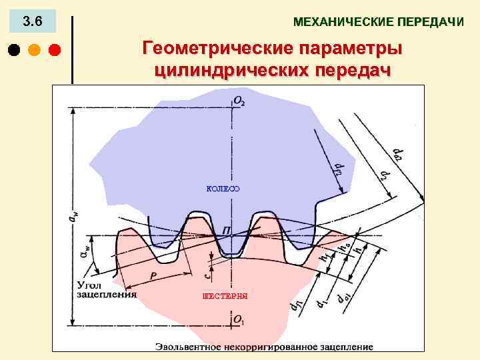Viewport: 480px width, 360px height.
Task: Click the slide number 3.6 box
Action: coord(32,22)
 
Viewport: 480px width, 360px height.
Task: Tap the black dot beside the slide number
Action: coord(15,50)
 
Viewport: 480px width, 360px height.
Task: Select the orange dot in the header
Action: coord(35,50)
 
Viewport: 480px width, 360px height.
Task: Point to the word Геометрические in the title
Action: coord(214,49)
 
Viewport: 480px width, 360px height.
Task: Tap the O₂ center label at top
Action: coord(239,101)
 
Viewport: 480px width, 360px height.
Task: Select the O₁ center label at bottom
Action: coord(239,321)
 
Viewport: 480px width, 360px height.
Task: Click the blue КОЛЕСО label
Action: coord(223,189)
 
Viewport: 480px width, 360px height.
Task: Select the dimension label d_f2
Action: coord(337,169)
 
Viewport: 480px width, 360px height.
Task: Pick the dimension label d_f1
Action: coord(294,306)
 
